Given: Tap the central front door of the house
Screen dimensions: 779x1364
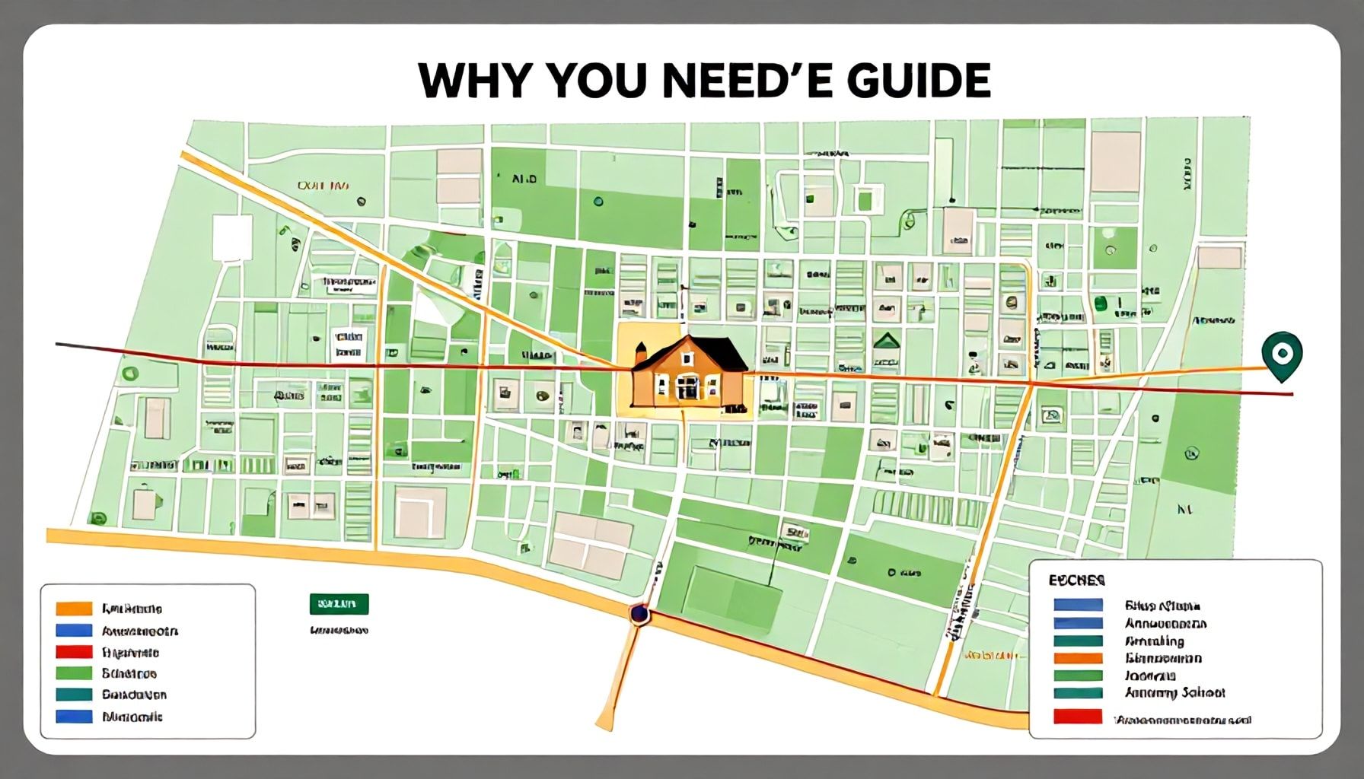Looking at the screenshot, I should click(x=687, y=388).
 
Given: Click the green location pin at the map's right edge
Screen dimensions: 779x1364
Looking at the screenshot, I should click(x=1281, y=354).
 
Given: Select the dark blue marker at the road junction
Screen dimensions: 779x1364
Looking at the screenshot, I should click(x=639, y=613).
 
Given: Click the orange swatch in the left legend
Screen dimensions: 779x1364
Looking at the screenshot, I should click(x=74, y=609).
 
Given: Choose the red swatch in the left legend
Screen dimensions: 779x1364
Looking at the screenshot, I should click(x=74, y=652).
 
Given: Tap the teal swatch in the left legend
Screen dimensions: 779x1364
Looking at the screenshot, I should click(x=74, y=695).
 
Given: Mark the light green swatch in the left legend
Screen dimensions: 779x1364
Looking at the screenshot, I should click(x=74, y=673).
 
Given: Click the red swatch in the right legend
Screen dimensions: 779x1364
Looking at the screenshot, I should click(x=1078, y=717).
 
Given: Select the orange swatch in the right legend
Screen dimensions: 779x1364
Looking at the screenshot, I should click(x=1078, y=658).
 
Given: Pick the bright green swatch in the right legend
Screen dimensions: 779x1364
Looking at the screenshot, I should click(x=1078, y=676).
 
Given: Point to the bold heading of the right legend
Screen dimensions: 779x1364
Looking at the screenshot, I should click(x=1076, y=580).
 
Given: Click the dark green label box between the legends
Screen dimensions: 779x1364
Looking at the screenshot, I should click(x=339, y=604).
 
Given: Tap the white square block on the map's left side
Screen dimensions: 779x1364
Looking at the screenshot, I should click(x=232, y=237).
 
